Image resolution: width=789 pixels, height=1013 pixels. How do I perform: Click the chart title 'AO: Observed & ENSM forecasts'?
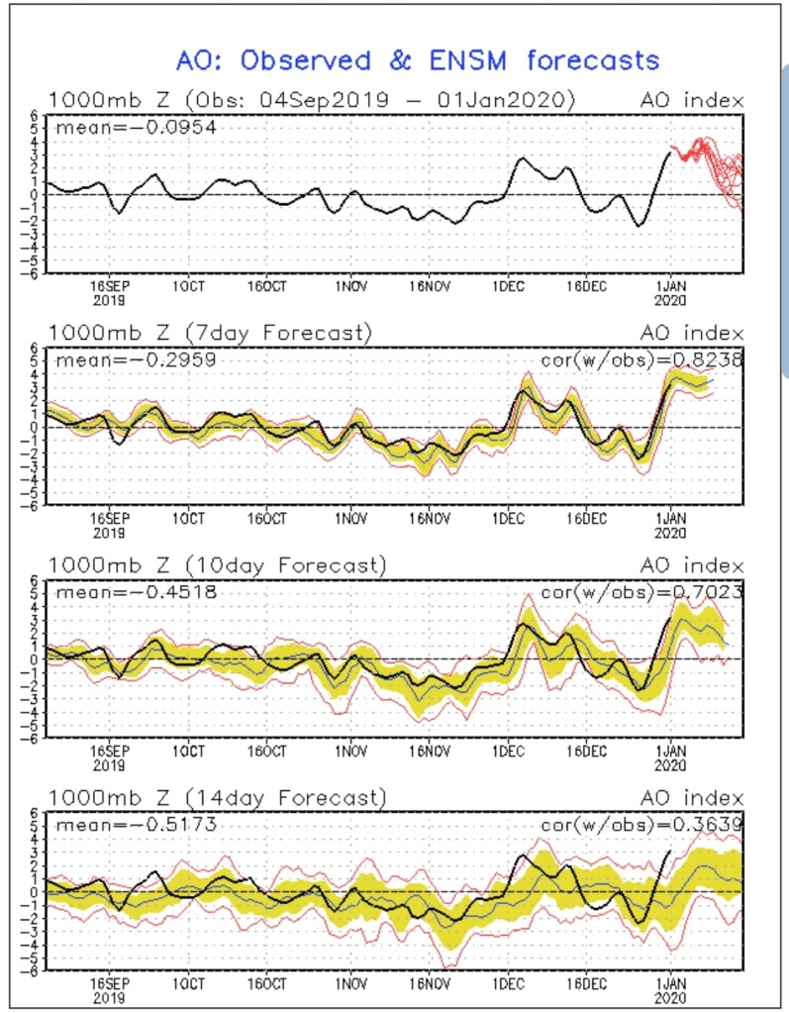point(417,59)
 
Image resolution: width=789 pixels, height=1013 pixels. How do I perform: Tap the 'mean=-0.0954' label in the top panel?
point(137,127)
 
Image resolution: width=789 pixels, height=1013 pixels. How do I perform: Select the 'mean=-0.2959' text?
point(137,359)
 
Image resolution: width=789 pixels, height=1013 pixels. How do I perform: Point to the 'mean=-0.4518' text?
point(137,592)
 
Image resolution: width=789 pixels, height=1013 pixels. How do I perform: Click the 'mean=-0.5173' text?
point(137,824)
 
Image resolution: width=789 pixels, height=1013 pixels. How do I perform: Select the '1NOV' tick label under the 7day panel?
point(348,517)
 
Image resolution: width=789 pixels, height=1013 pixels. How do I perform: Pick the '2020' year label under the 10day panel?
point(672,764)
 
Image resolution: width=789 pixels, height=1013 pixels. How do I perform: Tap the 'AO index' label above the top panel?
point(691,100)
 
